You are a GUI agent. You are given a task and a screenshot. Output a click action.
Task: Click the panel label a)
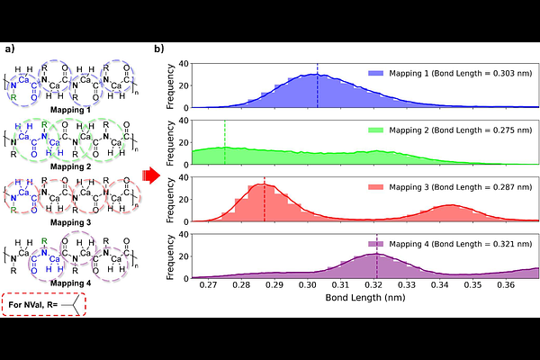[10, 49]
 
